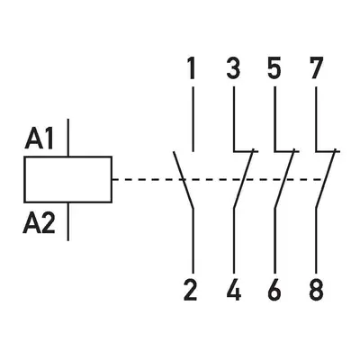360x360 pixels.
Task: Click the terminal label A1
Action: (x=40, y=139)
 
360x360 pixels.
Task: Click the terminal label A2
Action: (x=40, y=223)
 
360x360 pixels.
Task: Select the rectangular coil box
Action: (x=68, y=179)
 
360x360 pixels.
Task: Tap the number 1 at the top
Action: (x=191, y=68)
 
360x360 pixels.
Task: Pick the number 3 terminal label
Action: (x=233, y=68)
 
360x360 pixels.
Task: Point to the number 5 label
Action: (x=274, y=68)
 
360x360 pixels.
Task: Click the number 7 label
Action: (x=316, y=68)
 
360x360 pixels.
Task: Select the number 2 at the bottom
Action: (x=191, y=290)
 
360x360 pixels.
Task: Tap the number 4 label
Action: (x=234, y=290)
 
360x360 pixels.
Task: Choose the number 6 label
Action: (x=274, y=290)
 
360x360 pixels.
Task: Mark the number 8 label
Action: (x=316, y=290)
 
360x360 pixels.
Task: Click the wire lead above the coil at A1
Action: (x=68, y=138)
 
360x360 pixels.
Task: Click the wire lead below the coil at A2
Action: (x=68, y=221)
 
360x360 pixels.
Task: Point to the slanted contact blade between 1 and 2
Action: (x=184, y=180)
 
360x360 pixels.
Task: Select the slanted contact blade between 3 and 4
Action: (x=244, y=178)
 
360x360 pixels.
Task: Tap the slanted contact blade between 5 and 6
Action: (x=284, y=178)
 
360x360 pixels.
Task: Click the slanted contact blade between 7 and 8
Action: (x=326, y=178)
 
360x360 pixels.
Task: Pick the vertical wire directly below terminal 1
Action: (x=193, y=119)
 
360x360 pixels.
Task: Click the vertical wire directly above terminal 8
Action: (x=316, y=240)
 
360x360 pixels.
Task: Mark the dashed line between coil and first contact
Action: (x=147, y=180)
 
